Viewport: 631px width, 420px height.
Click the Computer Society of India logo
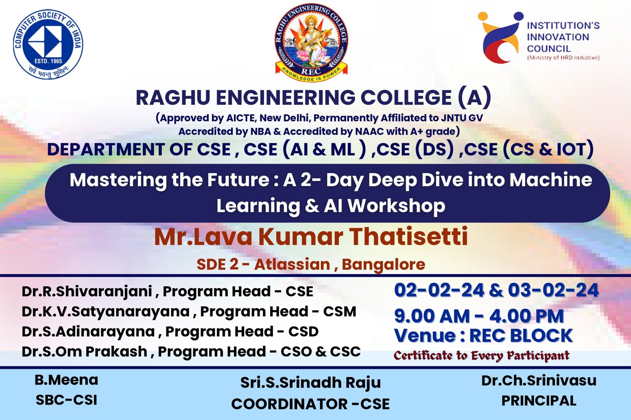(48, 44)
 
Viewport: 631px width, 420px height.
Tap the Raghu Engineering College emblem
(311, 43)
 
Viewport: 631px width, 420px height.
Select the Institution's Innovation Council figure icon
(500, 37)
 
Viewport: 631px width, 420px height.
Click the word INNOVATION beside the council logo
(558, 37)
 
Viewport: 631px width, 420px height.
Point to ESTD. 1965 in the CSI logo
(48, 61)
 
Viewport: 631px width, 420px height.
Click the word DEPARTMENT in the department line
(106, 149)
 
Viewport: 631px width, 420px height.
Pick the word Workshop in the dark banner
(396, 206)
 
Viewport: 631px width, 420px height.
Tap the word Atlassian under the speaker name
(292, 265)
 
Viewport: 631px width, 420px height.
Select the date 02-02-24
(439, 290)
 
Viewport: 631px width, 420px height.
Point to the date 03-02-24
(554, 290)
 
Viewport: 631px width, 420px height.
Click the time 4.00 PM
(526, 316)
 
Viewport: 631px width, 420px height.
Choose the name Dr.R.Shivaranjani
(87, 292)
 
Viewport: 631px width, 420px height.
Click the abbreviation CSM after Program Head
(340, 311)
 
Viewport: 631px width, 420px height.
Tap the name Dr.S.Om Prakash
(84, 352)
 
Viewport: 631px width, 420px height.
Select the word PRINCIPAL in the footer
(539, 401)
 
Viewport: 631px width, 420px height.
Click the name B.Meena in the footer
(67, 380)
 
